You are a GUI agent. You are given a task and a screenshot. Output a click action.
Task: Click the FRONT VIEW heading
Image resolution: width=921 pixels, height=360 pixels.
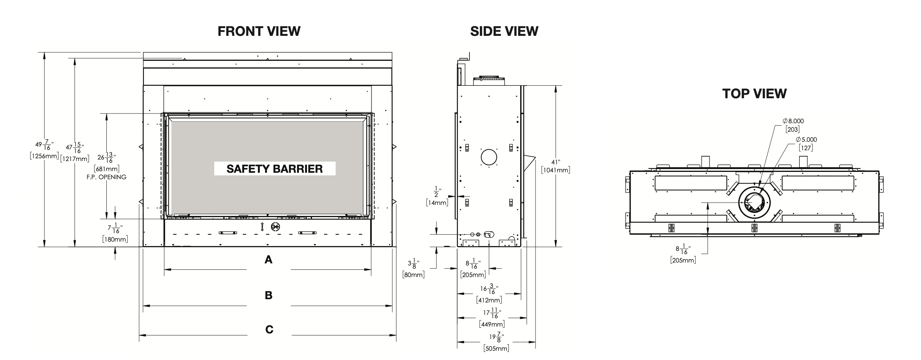pyautogui.click(x=259, y=31)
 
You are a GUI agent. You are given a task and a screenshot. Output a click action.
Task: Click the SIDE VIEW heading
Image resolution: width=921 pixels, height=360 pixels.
pyautogui.click(x=504, y=31)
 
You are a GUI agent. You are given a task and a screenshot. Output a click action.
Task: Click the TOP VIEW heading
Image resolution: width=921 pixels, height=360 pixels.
pyautogui.click(x=754, y=93)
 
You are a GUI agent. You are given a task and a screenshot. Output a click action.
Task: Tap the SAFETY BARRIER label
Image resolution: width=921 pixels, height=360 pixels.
pyautogui.click(x=274, y=169)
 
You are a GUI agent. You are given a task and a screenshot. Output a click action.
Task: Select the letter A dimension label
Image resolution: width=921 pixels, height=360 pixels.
pyautogui.click(x=268, y=260)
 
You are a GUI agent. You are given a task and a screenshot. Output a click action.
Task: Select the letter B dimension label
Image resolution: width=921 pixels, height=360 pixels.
pyautogui.click(x=268, y=295)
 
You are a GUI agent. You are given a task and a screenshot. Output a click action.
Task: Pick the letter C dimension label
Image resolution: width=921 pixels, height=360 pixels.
pyautogui.click(x=269, y=329)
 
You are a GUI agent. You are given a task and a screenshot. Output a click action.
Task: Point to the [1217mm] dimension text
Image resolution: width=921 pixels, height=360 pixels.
pyautogui.click(x=75, y=159)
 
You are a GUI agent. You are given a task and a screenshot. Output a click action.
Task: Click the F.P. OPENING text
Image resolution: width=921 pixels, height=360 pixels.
pyautogui.click(x=106, y=177)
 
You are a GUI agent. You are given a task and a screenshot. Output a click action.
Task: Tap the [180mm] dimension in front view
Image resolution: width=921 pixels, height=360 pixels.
pyautogui.click(x=115, y=239)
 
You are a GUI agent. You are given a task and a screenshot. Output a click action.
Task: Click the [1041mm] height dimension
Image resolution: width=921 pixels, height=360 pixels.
pyautogui.click(x=556, y=170)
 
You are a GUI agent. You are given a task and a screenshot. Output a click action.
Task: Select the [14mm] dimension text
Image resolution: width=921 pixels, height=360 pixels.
pyautogui.click(x=437, y=203)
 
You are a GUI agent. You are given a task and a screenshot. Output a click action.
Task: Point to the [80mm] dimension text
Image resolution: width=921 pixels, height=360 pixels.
pyautogui.click(x=413, y=275)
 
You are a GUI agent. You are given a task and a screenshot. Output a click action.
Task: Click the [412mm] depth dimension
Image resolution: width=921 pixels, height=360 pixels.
pyautogui.click(x=489, y=300)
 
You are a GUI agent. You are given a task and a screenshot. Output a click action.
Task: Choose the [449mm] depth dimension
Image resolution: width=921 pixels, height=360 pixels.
pyautogui.click(x=492, y=324)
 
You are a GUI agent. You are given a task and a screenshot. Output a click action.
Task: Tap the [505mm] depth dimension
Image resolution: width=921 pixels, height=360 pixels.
pyautogui.click(x=496, y=348)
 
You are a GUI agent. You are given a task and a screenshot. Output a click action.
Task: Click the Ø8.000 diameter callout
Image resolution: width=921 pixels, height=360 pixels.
pyautogui.click(x=793, y=121)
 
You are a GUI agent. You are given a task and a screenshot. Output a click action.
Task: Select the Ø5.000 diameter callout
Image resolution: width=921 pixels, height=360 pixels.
pyautogui.click(x=806, y=140)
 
